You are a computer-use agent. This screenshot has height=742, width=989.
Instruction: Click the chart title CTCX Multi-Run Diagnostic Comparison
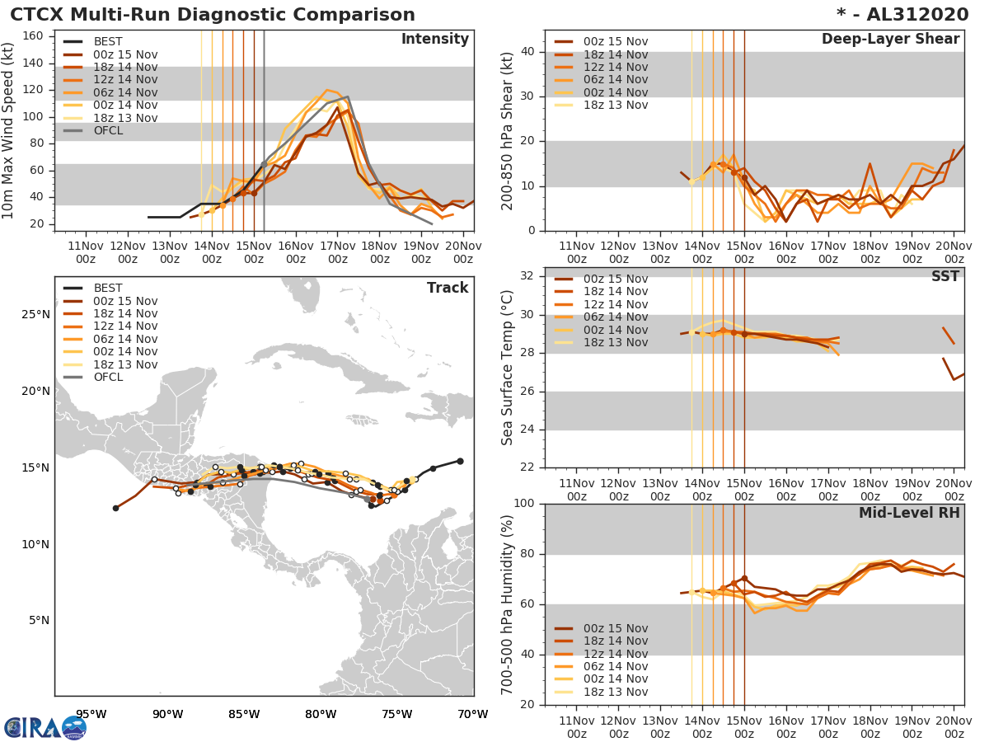click(213, 15)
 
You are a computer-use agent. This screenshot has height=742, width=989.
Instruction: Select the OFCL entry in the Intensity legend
click(108, 130)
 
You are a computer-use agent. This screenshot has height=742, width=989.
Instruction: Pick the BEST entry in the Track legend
click(108, 288)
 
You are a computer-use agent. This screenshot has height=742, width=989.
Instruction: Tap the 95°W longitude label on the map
click(91, 714)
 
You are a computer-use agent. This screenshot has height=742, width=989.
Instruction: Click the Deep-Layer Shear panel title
click(890, 40)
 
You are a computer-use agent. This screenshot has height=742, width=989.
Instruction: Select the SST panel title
click(944, 276)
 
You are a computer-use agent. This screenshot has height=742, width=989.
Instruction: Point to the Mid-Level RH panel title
click(909, 513)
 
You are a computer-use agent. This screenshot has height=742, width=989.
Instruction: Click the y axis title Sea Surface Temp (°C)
click(508, 367)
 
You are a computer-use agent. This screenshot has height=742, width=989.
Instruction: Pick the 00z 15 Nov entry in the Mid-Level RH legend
click(615, 628)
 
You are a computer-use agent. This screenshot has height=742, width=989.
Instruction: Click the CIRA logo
click(45, 727)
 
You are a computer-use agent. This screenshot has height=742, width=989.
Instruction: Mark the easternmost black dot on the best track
click(460, 461)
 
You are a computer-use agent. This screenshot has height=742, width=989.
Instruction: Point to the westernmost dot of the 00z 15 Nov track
click(115, 508)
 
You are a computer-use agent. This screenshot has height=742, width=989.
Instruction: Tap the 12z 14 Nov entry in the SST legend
click(615, 304)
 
